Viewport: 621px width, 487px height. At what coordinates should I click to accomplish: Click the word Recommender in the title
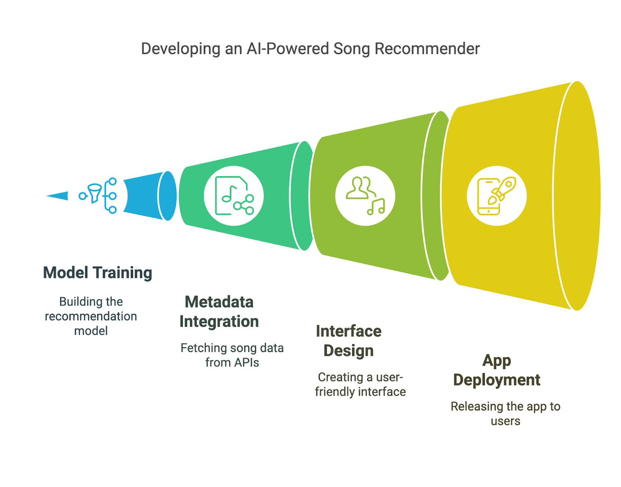pyautogui.click(x=427, y=49)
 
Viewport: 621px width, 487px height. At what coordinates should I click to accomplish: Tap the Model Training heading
pyautogui.click(x=97, y=272)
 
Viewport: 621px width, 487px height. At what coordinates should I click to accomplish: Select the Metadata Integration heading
pyautogui.click(x=219, y=312)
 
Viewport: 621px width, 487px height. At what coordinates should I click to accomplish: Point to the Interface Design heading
pyautogui.click(x=349, y=341)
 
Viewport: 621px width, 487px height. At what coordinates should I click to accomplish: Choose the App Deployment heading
pyautogui.click(x=497, y=371)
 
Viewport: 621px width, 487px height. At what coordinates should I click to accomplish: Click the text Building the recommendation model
pyautogui.click(x=91, y=316)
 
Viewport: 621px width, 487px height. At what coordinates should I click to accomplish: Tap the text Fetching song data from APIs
pyautogui.click(x=232, y=355)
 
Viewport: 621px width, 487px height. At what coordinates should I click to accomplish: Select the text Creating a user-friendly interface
pyautogui.click(x=360, y=385)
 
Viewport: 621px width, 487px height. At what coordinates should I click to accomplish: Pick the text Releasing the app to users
pyautogui.click(x=506, y=414)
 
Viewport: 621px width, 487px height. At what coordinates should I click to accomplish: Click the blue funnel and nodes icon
pyautogui.click(x=98, y=196)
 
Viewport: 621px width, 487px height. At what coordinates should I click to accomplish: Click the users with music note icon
pyautogui.click(x=365, y=196)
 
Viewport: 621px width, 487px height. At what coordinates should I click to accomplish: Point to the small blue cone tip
pyautogui.click(x=57, y=196)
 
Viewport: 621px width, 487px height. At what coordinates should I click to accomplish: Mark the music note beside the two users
pyautogui.click(x=376, y=207)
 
